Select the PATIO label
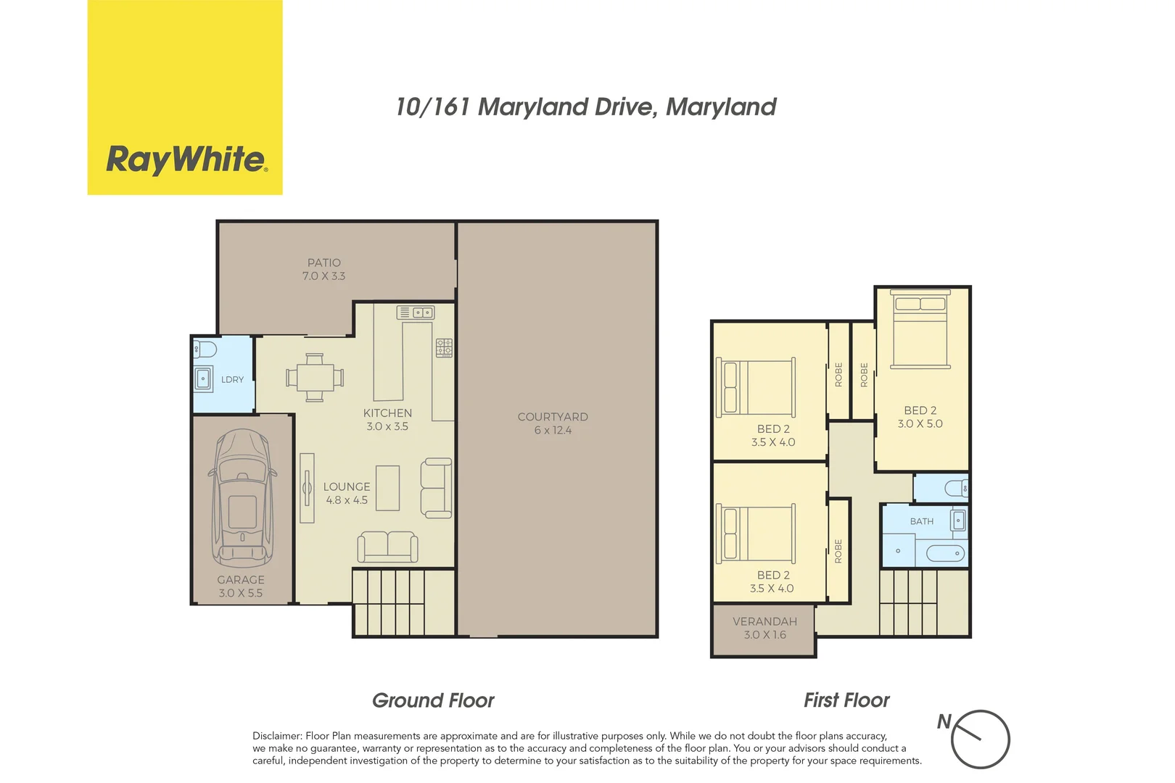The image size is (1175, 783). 323,262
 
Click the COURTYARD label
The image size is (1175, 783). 553,417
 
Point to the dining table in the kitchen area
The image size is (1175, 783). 315,377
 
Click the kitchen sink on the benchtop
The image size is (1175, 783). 416,312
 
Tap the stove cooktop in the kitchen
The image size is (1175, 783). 444,347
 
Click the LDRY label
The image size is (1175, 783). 232,379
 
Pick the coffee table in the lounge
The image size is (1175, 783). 387,488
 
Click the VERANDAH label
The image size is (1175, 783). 764,621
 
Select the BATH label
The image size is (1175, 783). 921,521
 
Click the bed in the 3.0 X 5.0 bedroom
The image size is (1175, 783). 920,330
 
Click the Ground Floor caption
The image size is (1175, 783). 433,700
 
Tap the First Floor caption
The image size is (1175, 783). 846,700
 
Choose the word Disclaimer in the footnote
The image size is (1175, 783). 276,736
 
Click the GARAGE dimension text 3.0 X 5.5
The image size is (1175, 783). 241,593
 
